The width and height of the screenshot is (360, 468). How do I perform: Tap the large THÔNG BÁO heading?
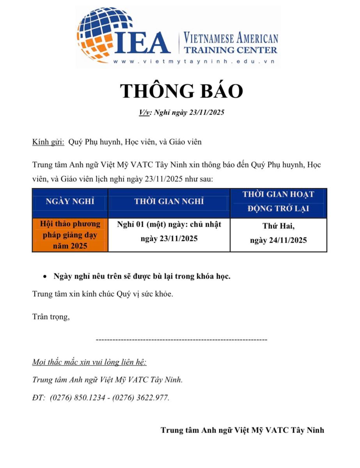click(x=181, y=91)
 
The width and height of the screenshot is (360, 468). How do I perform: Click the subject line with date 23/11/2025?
click(x=182, y=113)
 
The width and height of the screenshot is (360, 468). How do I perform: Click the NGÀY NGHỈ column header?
click(x=70, y=202)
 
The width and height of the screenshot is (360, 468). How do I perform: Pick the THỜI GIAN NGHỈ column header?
click(x=169, y=202)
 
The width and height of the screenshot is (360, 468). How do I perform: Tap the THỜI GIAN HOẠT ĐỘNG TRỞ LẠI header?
click(x=278, y=201)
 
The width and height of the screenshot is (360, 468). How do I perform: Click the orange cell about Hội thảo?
click(x=70, y=235)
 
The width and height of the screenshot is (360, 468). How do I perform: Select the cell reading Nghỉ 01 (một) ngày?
click(x=169, y=231)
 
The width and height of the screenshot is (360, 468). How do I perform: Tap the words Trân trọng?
click(x=51, y=317)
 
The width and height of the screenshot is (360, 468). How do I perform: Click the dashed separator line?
click(x=181, y=340)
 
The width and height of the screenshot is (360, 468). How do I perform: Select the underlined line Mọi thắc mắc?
click(x=89, y=362)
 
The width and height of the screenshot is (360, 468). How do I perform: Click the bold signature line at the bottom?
click(x=242, y=430)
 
